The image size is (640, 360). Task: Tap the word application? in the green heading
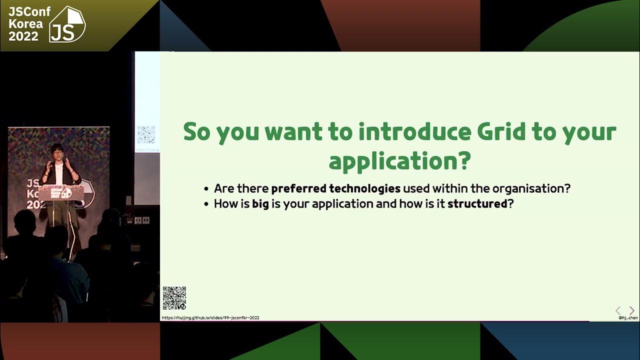tap(399, 161)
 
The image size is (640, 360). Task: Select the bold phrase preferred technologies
tap(335, 188)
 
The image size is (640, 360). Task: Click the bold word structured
tap(477, 204)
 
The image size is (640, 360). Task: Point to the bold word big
tap(260, 204)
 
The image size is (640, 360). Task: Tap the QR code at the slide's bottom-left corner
tap(174, 298)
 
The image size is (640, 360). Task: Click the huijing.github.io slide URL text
tap(210, 318)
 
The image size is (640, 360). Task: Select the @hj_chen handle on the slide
tap(627, 317)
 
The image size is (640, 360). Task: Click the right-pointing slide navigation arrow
tap(631, 310)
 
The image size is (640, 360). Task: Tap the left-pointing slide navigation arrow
tap(618, 310)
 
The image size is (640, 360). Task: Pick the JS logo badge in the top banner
tap(67, 24)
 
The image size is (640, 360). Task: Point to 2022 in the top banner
tap(23, 36)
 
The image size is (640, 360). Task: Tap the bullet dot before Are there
tap(206, 189)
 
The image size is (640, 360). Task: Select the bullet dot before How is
tap(206, 204)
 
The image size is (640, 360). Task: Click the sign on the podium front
tap(61, 192)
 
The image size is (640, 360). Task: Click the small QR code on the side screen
tap(146, 134)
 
